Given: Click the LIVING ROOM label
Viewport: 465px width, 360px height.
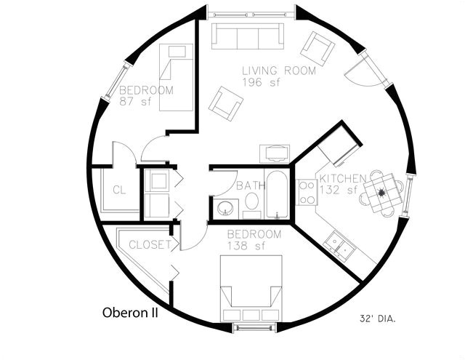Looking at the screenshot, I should pos(279,71).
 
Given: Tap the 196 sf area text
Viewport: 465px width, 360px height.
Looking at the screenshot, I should pos(260,83).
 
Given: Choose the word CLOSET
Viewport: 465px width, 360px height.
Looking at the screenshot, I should pos(150,245).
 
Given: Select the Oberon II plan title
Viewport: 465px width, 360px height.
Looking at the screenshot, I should pos(130,314).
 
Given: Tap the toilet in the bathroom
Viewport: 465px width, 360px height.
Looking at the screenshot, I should pos(251,202).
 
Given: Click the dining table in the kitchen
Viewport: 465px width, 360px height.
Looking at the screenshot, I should pos(382,192).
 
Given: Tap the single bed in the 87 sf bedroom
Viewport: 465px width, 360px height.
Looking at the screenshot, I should pos(177,77).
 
